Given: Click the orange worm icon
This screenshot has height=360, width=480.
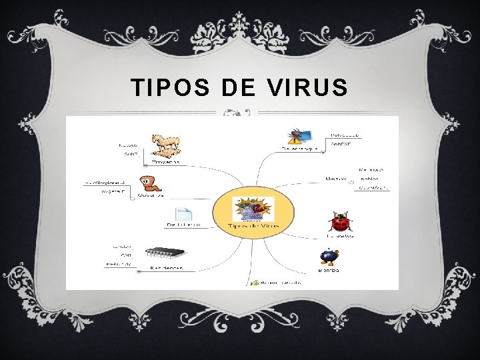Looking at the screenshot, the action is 148,183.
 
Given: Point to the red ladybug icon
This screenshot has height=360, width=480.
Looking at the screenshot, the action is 340,221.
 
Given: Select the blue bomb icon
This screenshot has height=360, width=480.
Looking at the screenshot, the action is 328,257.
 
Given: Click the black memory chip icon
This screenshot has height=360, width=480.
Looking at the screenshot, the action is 166,253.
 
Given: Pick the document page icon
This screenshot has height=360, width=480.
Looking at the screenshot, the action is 183,214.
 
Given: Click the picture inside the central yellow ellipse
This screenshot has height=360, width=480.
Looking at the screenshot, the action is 253,209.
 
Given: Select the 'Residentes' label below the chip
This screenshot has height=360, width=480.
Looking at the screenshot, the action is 167,268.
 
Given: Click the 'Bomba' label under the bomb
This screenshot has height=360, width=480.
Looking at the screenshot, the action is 328,271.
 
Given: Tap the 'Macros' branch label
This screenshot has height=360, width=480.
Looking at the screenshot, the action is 335,179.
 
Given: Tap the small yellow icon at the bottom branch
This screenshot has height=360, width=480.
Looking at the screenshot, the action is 255,283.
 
